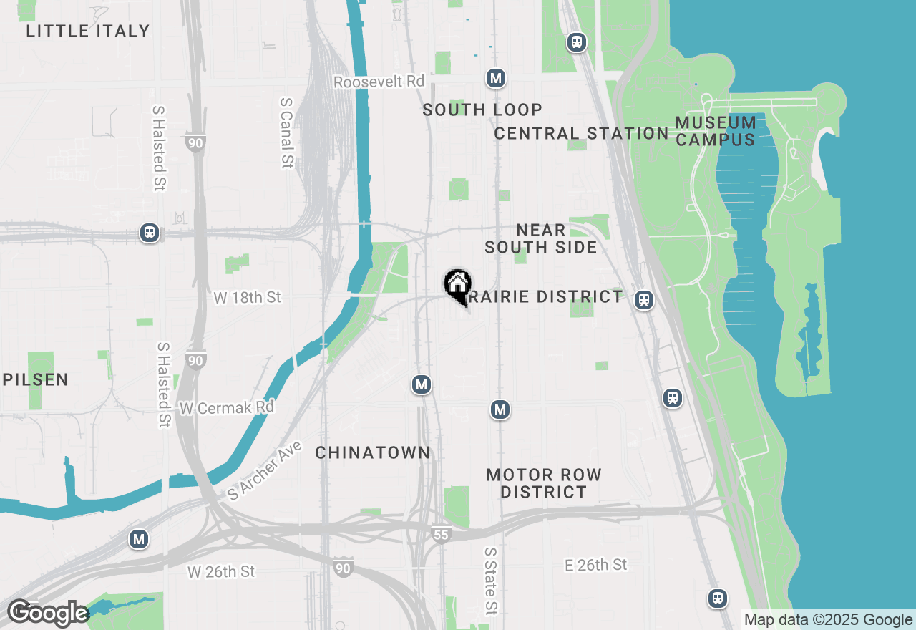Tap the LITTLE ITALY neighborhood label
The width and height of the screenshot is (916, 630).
(x=88, y=31)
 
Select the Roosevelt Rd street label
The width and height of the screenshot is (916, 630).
(x=379, y=82)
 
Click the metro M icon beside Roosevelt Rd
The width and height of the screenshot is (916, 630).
(x=496, y=78)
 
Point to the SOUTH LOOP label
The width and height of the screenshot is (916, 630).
(x=482, y=110)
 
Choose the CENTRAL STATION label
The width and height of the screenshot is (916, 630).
(x=581, y=133)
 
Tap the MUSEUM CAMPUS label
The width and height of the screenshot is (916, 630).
(x=716, y=131)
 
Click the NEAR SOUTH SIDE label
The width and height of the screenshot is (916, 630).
(x=541, y=238)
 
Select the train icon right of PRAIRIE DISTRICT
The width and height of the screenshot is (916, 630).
(x=644, y=300)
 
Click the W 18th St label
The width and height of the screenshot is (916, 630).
(x=247, y=297)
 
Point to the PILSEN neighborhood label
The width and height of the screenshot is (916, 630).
(x=36, y=379)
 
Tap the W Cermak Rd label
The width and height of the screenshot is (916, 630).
(x=227, y=408)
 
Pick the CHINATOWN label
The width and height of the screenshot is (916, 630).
(x=373, y=452)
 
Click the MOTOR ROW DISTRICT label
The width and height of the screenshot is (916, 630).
(x=544, y=483)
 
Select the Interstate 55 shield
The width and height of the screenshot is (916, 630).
(x=442, y=534)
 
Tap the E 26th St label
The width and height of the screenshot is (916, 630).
(x=595, y=565)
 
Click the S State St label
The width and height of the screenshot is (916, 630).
(x=490, y=581)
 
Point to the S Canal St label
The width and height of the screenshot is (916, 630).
(x=286, y=133)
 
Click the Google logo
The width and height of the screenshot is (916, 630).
(x=47, y=613)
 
